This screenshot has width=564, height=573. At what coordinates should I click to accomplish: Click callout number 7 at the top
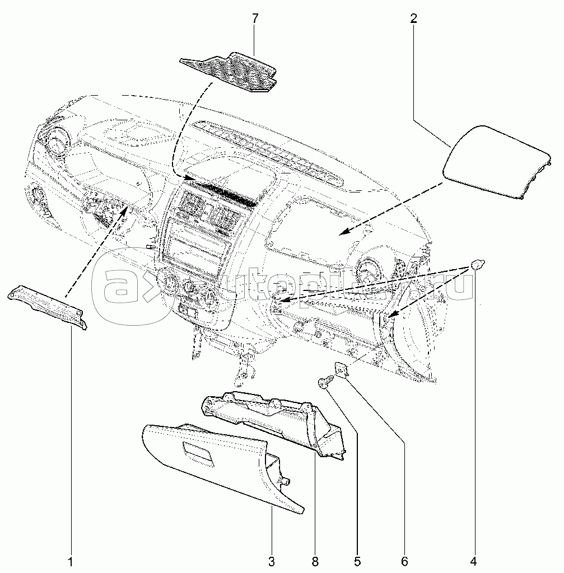click(255, 18)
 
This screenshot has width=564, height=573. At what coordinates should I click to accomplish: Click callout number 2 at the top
click(413, 18)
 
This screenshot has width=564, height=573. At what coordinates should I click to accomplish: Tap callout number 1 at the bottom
click(71, 560)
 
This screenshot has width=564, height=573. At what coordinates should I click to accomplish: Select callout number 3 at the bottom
click(271, 560)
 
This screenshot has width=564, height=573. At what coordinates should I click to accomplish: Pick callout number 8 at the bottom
click(315, 560)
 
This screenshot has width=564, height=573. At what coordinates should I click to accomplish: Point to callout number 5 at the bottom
click(357, 560)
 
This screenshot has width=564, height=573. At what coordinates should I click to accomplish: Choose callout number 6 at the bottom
click(404, 560)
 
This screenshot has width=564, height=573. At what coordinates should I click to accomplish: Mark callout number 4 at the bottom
click(474, 560)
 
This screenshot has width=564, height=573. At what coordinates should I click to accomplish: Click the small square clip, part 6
click(341, 369)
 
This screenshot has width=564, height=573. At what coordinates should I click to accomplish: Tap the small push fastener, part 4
click(477, 264)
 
